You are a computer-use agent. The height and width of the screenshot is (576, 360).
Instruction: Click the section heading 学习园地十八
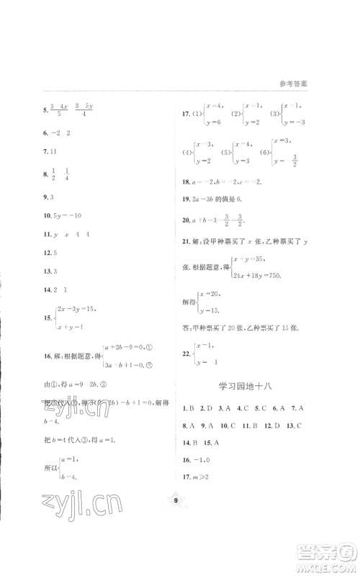246,387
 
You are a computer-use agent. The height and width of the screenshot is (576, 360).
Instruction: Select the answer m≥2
199,476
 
